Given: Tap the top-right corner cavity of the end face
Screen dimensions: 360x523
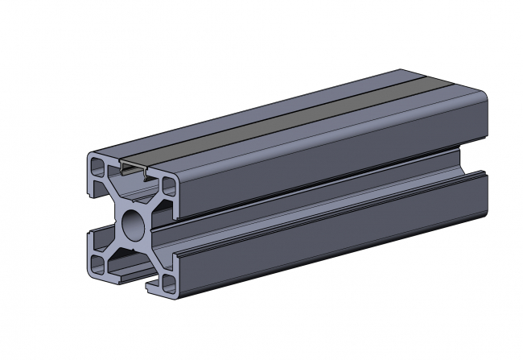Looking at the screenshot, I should pos(170,187).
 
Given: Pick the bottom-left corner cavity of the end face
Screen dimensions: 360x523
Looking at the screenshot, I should pos(97,264).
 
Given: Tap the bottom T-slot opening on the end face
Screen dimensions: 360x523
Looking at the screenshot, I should pos(133,276).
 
